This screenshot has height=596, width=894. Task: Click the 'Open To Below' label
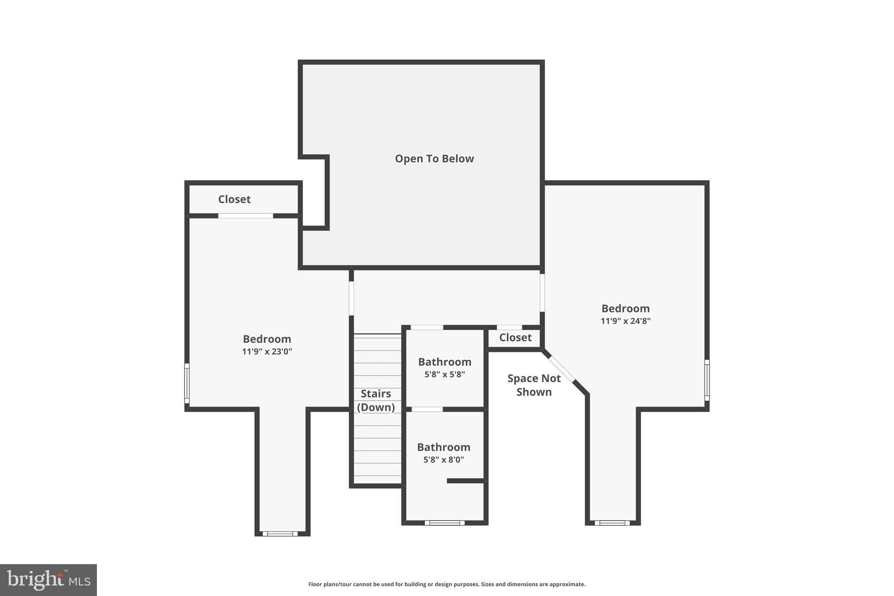pyautogui.click(x=434, y=158)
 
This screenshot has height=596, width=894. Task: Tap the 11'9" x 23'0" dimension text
pyautogui.click(x=267, y=351)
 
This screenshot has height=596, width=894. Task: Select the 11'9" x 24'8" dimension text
pyautogui.click(x=625, y=321)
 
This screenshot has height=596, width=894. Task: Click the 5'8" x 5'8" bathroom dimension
pyautogui.click(x=444, y=374)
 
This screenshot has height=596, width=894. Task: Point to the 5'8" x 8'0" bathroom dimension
pyautogui.click(x=444, y=460)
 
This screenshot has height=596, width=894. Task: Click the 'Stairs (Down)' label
pyautogui.click(x=376, y=400)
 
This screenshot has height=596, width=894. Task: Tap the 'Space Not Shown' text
pyautogui.click(x=534, y=385)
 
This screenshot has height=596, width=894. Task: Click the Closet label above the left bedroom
pyautogui.click(x=234, y=199)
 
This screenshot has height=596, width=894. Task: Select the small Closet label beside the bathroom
pyautogui.click(x=515, y=338)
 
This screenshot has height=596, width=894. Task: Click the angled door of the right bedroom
pyautogui.click(x=561, y=369)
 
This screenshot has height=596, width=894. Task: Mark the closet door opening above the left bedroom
pyautogui.click(x=245, y=216)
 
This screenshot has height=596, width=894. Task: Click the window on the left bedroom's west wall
pyautogui.click(x=187, y=383)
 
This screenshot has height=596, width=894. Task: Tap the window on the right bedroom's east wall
pyautogui.click(x=707, y=380)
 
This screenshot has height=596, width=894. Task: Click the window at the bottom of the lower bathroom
pyautogui.click(x=444, y=523)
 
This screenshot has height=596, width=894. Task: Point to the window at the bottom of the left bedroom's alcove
pyautogui.click(x=280, y=534)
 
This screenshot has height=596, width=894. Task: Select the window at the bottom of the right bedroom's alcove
pyautogui.click(x=612, y=523)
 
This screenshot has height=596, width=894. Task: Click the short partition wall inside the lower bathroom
pyautogui.click(x=465, y=481)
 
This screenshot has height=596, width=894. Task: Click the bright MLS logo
pyautogui.click(x=48, y=580)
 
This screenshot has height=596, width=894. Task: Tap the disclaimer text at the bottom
pyautogui.click(x=447, y=584)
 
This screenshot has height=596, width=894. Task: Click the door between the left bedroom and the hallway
pyautogui.click(x=351, y=298)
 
